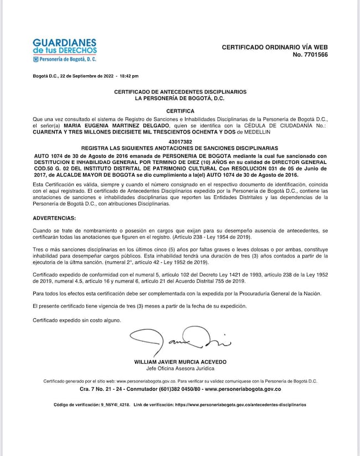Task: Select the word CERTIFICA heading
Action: click(180, 111)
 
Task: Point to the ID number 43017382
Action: click(180, 142)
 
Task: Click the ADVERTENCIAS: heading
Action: click(54, 218)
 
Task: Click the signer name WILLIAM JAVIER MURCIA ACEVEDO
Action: click(180, 362)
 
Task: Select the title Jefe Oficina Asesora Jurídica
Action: click(180, 369)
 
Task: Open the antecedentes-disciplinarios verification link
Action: click(240, 405)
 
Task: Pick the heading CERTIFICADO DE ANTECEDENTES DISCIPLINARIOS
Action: click(180, 92)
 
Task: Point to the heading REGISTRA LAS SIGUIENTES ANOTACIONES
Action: click(180, 149)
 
